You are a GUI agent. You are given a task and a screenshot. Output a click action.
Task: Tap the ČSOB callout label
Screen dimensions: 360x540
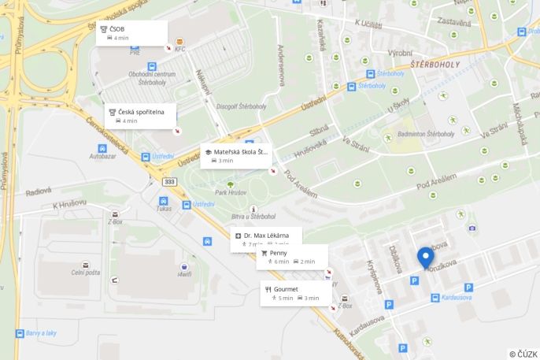click(132, 33)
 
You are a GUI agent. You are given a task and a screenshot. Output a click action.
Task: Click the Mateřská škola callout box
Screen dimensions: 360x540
click(235, 155)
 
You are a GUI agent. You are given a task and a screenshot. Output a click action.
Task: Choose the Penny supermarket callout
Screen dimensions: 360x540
click(290, 257)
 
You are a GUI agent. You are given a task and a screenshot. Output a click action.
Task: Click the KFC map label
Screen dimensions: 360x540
click(180, 49)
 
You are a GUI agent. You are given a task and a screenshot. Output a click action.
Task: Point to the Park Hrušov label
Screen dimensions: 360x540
click(231, 193)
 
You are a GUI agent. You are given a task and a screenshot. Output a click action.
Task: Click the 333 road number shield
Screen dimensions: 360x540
click(169, 181)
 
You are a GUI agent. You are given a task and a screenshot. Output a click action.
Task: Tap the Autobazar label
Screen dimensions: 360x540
click(102, 156)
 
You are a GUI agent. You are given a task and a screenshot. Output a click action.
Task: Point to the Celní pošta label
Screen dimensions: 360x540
click(86, 273)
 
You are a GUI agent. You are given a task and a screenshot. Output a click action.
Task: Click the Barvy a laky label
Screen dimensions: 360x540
click(41, 333)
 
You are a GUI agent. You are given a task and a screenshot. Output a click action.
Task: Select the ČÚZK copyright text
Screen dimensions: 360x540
click(523, 354)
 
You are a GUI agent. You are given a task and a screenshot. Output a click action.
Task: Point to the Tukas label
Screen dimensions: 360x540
click(164, 209)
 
